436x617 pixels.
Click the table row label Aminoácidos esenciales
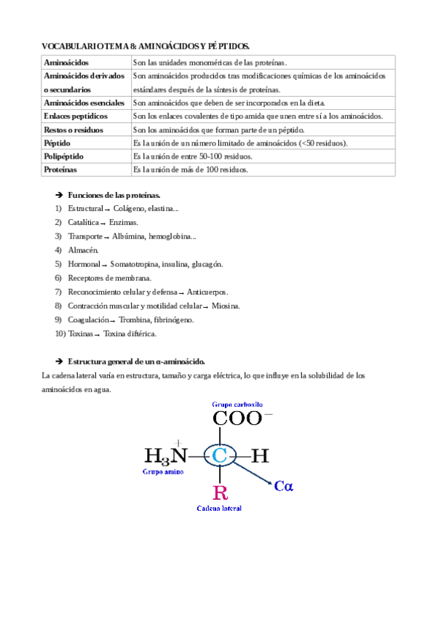click(84, 103)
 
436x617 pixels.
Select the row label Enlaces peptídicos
click(76, 116)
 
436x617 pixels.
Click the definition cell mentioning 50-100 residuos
click(193, 156)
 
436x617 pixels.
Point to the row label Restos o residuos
click(74, 130)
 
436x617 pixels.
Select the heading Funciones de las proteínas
click(114, 196)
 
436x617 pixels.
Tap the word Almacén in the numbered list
click(83, 250)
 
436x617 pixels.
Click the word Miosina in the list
click(226, 306)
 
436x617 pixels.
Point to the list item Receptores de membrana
click(109, 278)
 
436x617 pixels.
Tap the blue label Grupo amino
click(163, 471)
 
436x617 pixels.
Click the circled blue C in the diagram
click(219, 456)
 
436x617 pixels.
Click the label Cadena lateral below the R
click(219, 508)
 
